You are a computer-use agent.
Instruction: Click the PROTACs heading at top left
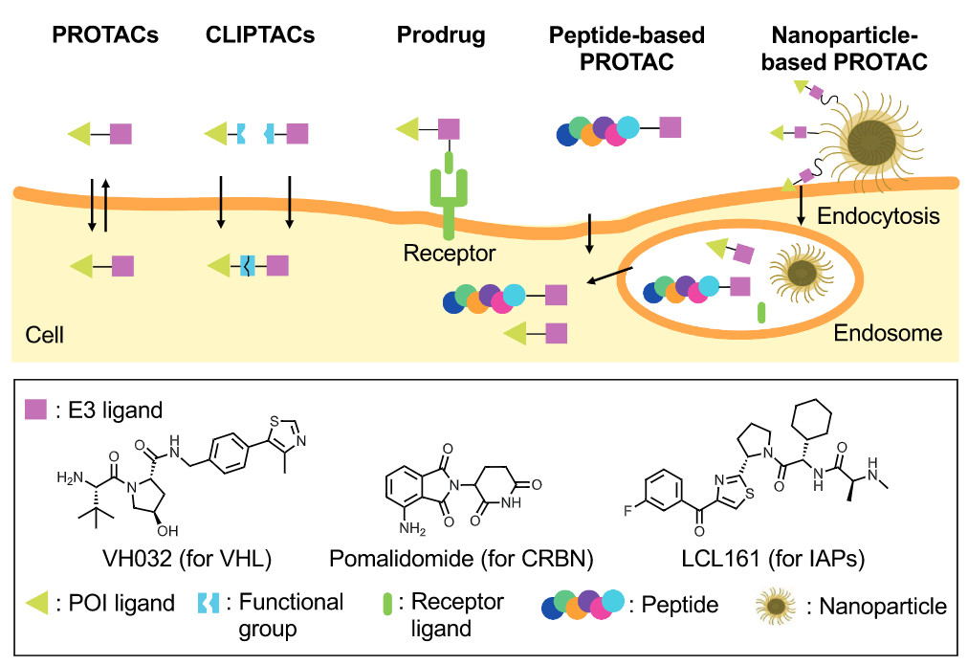point(104,36)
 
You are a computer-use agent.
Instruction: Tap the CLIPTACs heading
point(260,36)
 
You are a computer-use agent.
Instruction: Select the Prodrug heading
point(441,36)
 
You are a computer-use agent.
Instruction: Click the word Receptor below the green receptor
point(450,254)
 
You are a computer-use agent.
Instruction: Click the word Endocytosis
point(878,216)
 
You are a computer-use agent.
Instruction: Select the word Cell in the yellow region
point(44,335)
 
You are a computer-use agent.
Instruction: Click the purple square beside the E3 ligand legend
point(35,410)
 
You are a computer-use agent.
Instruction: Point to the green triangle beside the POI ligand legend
point(35,603)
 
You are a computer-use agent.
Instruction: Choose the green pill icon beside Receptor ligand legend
point(388,604)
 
